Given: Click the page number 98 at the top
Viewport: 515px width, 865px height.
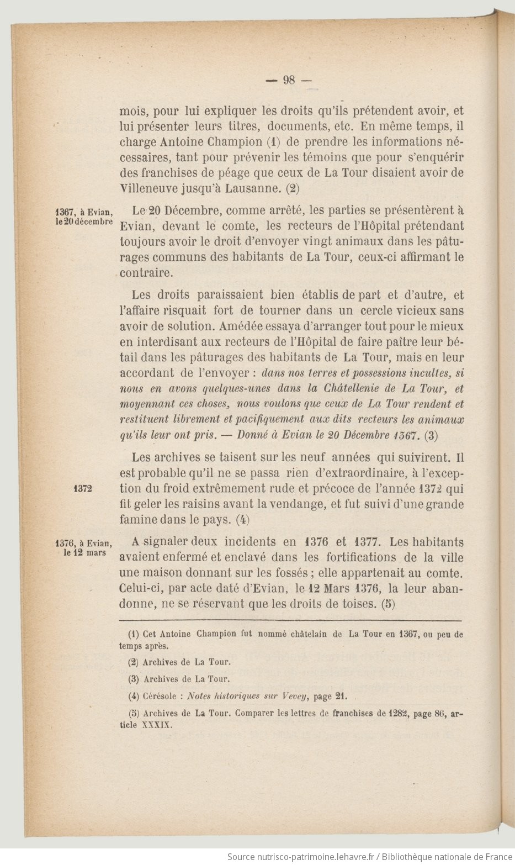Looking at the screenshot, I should pyautogui.click(x=289, y=80).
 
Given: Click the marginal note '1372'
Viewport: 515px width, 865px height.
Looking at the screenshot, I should pyautogui.click(x=82, y=489).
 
